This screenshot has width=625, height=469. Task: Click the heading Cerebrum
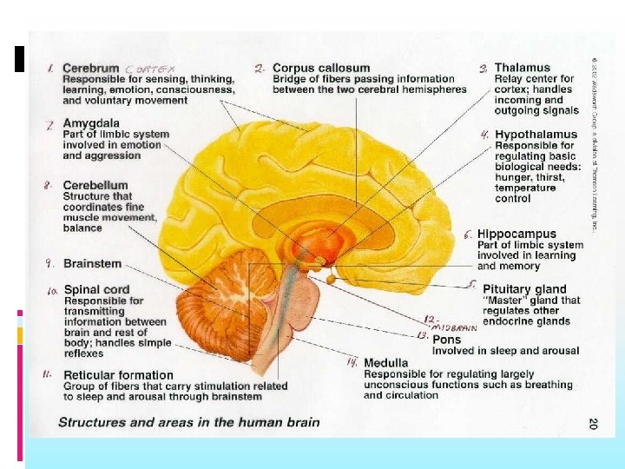pyautogui.click(x=91, y=68)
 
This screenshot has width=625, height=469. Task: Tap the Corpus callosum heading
pyautogui.click(x=321, y=68)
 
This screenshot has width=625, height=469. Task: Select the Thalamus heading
pyautogui.click(x=523, y=68)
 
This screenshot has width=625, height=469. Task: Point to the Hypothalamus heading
pyautogui.click(x=536, y=135)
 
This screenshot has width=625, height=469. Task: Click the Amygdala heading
pyautogui.click(x=91, y=124)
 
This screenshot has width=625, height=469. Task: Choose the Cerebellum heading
pyautogui.click(x=95, y=185)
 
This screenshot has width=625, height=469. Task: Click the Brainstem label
pyautogui.click(x=93, y=264)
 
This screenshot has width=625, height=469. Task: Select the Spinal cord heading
pyautogui.click(x=96, y=289)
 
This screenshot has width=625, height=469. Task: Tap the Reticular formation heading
pyautogui.click(x=118, y=375)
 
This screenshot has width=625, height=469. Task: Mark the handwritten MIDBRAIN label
pyautogui.click(x=456, y=327)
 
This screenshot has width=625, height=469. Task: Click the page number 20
pyautogui.click(x=592, y=423)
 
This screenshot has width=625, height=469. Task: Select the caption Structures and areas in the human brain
pyautogui.click(x=188, y=423)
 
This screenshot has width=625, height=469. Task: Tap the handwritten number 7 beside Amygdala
pyautogui.click(x=50, y=125)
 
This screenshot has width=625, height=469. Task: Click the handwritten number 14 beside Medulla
pyautogui.click(x=352, y=362)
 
